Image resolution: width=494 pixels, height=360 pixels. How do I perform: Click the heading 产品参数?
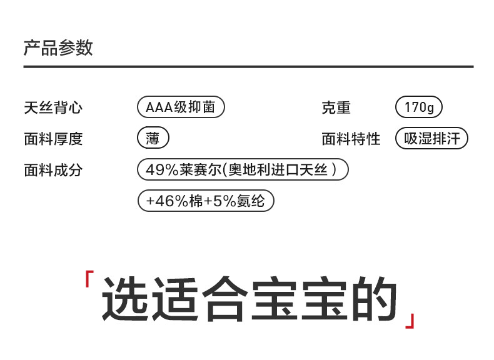58,48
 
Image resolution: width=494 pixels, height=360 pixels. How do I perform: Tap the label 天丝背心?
53,107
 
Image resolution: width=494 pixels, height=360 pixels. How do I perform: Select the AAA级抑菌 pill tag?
180,107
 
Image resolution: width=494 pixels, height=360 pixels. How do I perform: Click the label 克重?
336,107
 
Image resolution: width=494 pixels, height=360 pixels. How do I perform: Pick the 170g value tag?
419,107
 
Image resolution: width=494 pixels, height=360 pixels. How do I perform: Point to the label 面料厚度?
53,139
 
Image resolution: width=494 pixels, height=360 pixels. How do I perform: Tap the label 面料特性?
351,139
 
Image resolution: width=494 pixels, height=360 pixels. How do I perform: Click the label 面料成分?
53,170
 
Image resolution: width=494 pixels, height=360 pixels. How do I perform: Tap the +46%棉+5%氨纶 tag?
205,201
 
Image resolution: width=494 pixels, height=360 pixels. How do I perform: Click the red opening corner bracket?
89,279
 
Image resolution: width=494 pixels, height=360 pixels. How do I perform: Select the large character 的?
373,299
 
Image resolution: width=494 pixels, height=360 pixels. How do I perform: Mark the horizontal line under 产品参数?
248,66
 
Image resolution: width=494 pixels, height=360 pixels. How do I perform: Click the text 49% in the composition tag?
159,170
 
